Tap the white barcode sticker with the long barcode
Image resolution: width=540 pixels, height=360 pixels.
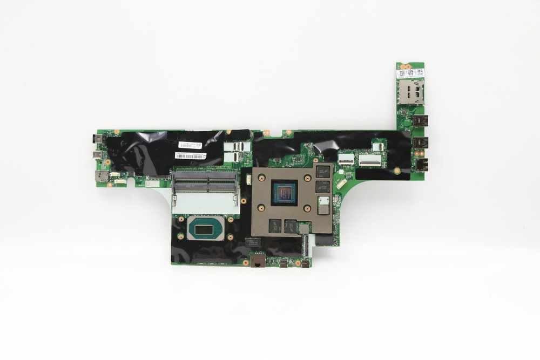point(191,156)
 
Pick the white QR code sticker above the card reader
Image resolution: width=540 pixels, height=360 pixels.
point(410,73)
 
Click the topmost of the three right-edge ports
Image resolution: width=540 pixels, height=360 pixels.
point(421,120)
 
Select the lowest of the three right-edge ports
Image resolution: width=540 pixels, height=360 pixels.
point(421,164)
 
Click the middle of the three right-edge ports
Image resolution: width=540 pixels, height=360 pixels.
point(421,143)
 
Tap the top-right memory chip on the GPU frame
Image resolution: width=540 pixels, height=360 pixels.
point(323,172)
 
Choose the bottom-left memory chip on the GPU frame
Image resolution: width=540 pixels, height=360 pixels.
point(275,226)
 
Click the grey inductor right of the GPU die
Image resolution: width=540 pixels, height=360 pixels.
point(323,205)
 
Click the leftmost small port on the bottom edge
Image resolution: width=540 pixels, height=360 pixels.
point(283,263)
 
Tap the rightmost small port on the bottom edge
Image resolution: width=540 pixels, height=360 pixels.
point(306,263)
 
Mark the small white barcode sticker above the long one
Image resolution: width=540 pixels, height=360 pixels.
point(190,146)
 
